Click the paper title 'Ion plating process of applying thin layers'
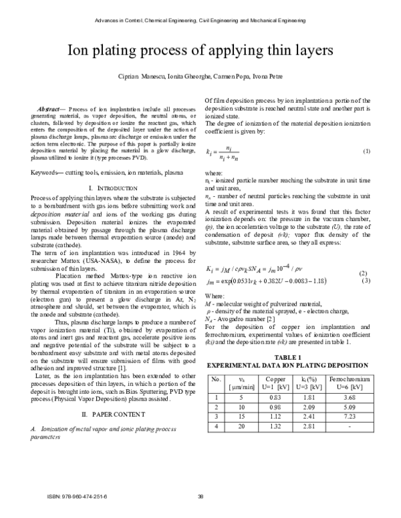click(x=200, y=51)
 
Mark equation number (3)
click(x=366, y=280)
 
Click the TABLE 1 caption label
click(x=287, y=358)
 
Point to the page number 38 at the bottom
click(x=200, y=495)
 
